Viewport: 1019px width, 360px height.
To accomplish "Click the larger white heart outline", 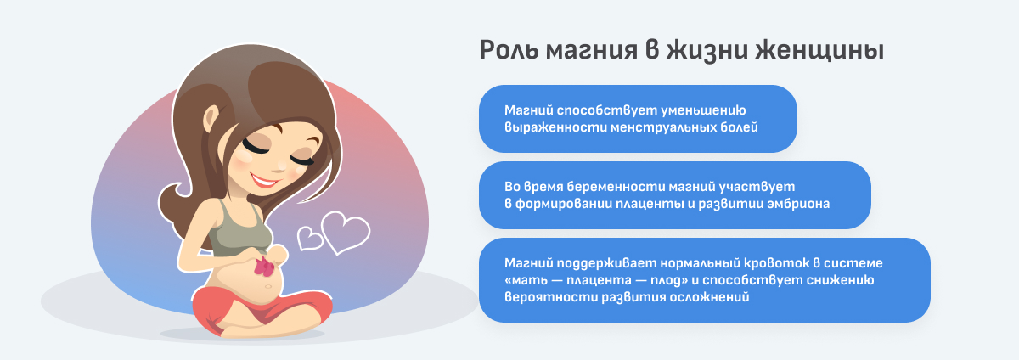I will coord(343,232).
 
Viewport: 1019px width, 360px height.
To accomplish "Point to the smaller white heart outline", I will coord(310,238).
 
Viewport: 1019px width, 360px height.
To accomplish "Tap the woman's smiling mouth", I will coord(265,182).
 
